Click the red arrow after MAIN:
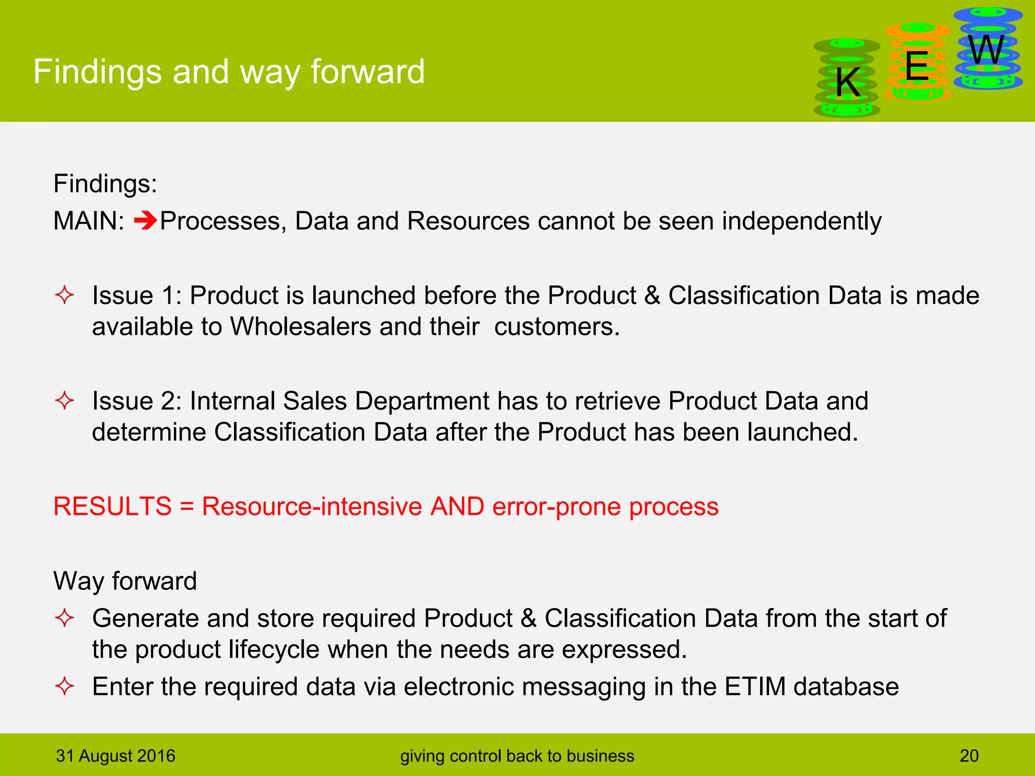[146, 221]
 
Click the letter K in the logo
[848, 83]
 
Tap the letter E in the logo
[917, 66]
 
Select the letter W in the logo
[986, 50]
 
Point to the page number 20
[969, 756]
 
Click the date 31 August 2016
[116, 756]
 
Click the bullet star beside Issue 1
[65, 295]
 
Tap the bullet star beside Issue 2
[65, 401]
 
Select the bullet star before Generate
[65, 618]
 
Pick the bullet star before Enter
[65, 687]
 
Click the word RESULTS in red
[113, 506]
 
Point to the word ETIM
[755, 687]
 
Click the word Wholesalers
[301, 327]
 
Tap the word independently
[802, 221]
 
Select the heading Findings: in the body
[105, 183]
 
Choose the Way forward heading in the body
[125, 581]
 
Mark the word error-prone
[556, 506]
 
